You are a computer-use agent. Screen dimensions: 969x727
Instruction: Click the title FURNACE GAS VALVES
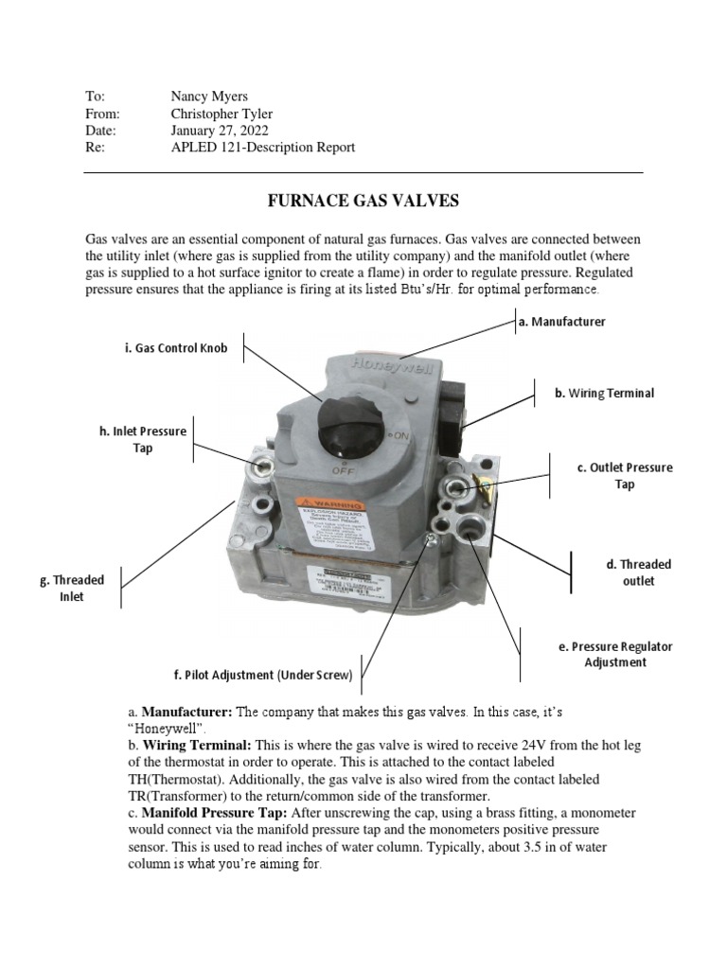click(x=363, y=201)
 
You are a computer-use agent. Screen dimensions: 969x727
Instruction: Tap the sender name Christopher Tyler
click(x=222, y=114)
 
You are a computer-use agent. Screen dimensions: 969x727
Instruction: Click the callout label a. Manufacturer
click(x=561, y=322)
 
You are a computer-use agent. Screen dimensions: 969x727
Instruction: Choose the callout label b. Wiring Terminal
click(x=604, y=393)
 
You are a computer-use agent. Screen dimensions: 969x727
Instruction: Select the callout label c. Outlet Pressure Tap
click(x=624, y=476)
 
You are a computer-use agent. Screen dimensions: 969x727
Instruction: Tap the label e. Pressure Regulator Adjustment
click(x=615, y=655)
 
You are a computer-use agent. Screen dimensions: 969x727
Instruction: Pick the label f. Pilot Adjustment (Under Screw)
click(x=263, y=676)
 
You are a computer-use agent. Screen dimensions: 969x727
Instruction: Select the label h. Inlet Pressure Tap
click(x=143, y=439)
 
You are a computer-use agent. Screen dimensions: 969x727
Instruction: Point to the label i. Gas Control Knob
click(x=176, y=348)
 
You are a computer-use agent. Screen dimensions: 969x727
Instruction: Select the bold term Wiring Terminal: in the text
click(x=195, y=746)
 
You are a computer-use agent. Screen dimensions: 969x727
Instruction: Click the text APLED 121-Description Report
click(x=262, y=148)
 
